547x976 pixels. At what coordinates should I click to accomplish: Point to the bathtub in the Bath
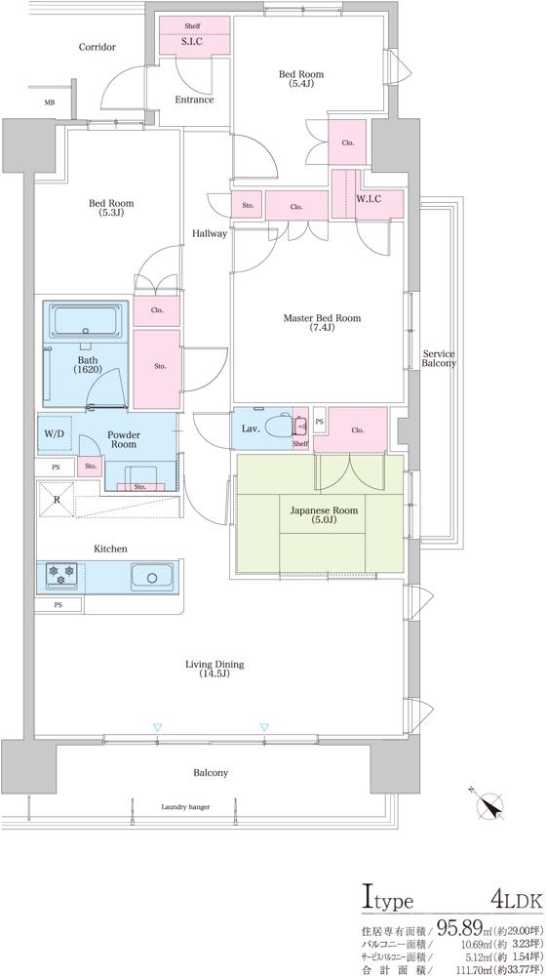88,321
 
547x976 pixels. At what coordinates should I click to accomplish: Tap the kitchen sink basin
152,578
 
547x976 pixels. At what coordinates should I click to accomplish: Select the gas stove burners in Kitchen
61,573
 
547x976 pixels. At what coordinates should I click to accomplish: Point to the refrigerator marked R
57,499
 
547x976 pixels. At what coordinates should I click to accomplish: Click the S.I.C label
190,42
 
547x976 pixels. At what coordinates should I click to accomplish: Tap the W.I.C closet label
369,198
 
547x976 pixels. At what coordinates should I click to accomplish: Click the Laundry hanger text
185,807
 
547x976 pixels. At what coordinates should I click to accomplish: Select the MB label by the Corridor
49,102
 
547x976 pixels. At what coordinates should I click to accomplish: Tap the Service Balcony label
439,358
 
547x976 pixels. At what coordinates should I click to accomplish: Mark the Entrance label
194,100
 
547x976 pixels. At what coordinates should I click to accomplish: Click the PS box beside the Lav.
320,422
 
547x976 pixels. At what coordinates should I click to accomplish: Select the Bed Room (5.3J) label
110,208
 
